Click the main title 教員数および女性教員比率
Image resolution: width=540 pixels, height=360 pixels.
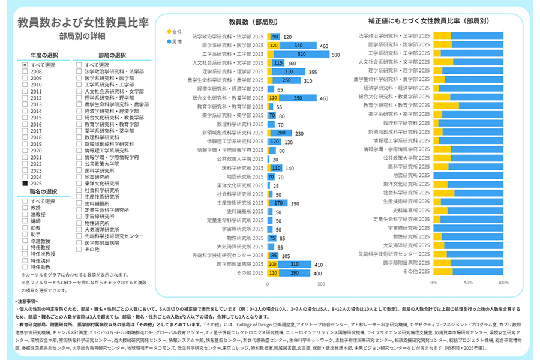point(83,23)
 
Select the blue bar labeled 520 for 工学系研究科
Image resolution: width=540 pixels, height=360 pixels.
point(301,54)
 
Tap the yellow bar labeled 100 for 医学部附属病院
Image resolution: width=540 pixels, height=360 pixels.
point(272,264)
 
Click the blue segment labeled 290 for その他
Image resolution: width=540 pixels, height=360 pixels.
point(295,273)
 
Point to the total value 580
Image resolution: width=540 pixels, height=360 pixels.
point(335,55)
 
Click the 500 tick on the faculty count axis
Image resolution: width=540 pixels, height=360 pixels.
point(321,284)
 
